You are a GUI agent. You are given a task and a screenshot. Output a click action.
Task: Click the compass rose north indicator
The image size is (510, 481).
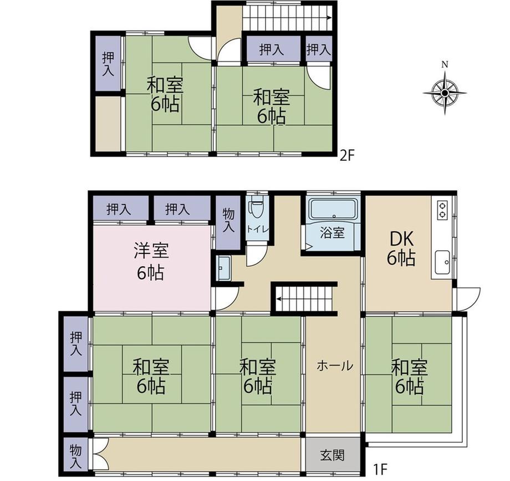coord(445,64)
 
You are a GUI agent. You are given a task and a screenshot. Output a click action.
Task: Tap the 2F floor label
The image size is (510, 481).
coord(346,156)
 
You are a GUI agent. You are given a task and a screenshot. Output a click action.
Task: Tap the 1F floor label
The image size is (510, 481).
coord(380,469)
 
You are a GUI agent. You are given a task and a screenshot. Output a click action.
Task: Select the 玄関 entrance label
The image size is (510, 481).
coord(332,455)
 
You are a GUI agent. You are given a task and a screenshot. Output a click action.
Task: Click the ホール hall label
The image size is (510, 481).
coord(335,366)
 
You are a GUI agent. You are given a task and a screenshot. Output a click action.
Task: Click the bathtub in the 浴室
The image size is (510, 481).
coord(333,209)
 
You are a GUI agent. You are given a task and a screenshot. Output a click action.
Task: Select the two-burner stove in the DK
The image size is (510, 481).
coord(442,210)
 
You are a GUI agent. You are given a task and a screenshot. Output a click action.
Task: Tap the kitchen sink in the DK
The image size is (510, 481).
coord(442,262)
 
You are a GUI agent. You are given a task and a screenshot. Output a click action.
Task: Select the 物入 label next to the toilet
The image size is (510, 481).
coord(228,220)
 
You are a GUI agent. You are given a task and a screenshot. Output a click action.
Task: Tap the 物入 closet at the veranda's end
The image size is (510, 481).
coord(76,454)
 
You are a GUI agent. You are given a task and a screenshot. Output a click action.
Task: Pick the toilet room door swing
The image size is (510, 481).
coord(257,256)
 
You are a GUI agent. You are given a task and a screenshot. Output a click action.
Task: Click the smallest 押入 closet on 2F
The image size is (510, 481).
coord(319,49)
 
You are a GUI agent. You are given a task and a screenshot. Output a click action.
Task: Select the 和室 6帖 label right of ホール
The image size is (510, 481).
coord(409,376)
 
